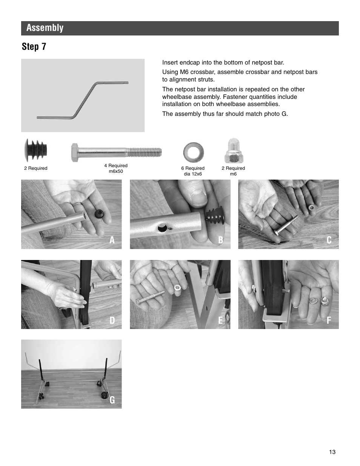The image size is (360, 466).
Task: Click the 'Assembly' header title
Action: (x=45, y=28)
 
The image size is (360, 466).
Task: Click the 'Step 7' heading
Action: (x=34, y=47)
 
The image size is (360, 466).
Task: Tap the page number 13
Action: (x=332, y=452)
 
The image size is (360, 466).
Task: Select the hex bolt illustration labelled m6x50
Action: (x=116, y=152)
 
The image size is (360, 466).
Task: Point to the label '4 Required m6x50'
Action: (x=116, y=168)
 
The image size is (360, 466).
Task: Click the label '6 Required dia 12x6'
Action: (x=193, y=171)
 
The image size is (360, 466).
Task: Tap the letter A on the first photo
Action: (x=112, y=240)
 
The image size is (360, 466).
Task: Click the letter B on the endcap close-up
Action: (x=221, y=240)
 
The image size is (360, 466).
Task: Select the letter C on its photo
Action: (x=329, y=240)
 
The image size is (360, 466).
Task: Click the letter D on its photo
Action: (x=112, y=320)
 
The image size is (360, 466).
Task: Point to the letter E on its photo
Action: (x=221, y=320)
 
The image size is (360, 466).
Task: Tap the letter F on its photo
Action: (x=329, y=320)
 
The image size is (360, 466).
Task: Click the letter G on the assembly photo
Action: (x=112, y=400)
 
